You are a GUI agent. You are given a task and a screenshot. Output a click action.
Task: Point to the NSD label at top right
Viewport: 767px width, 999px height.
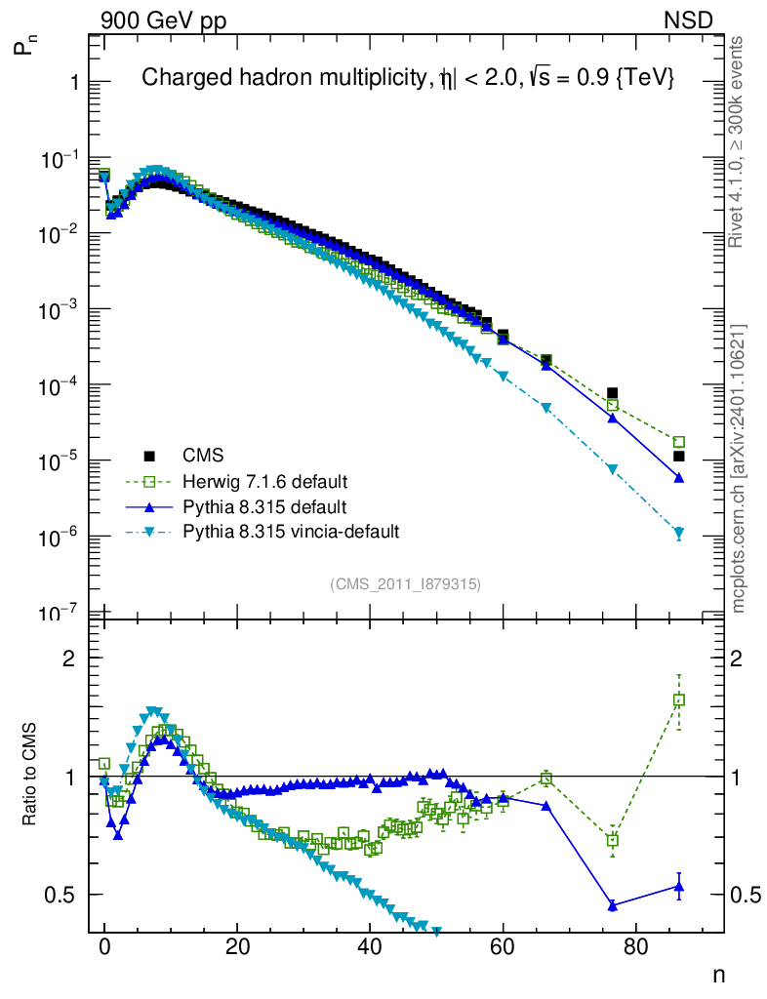click(689, 20)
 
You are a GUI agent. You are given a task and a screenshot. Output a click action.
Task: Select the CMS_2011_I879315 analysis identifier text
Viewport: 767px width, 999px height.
click(406, 583)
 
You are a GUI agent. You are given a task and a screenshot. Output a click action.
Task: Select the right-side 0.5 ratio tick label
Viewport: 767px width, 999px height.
click(744, 895)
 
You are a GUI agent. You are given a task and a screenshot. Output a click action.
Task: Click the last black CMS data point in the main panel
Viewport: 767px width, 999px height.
click(679, 456)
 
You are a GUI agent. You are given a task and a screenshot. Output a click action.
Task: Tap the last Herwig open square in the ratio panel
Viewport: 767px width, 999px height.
click(679, 699)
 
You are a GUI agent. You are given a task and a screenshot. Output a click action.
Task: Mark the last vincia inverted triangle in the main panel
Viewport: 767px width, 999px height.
click(679, 534)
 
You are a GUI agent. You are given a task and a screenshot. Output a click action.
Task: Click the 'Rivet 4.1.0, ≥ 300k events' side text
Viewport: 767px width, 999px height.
click(739, 141)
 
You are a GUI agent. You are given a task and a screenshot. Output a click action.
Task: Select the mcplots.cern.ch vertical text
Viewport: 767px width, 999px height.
click(739, 468)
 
